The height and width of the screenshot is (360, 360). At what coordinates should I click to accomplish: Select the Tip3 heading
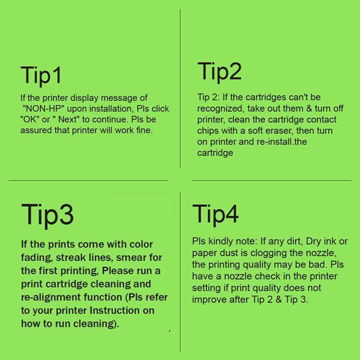(x=47, y=216)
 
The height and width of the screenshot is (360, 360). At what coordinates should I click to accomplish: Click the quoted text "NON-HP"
(x=43, y=109)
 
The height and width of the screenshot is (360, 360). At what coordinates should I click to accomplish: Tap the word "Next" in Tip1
(x=67, y=119)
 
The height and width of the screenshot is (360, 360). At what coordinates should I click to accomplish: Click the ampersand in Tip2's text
(x=309, y=108)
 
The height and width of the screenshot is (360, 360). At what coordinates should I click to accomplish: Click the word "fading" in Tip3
(x=36, y=258)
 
